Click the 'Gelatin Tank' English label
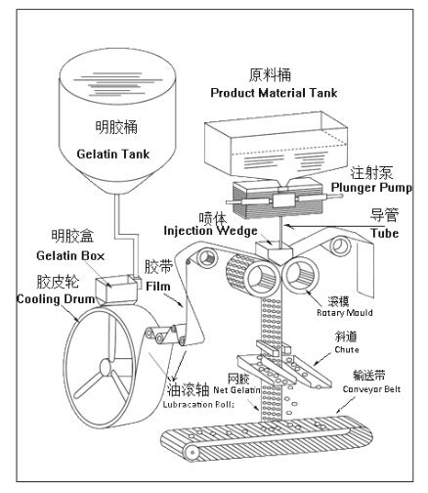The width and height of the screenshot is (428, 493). (x=113, y=154)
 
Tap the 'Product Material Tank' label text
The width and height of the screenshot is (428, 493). (x=274, y=93)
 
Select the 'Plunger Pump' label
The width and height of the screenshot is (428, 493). (x=371, y=188)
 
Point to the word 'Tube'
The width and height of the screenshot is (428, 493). (x=385, y=233)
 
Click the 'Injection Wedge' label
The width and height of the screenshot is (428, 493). (x=210, y=231)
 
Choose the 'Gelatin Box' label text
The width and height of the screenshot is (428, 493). (x=70, y=255)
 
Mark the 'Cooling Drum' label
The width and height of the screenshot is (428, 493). (x=56, y=299)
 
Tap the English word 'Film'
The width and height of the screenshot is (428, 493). (x=158, y=287)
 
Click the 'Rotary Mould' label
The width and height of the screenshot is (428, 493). (x=345, y=313)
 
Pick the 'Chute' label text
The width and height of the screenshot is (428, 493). (x=347, y=349)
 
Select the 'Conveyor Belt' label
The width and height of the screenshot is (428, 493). (x=371, y=389)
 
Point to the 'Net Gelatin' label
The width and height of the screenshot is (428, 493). (x=236, y=390)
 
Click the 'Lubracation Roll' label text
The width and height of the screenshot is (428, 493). (x=198, y=405)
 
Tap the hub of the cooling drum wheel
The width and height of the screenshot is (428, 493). (x=106, y=368)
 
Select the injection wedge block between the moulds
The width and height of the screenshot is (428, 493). (x=274, y=251)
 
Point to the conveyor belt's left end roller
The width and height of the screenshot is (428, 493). (x=193, y=452)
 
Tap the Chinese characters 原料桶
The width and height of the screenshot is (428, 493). (x=270, y=75)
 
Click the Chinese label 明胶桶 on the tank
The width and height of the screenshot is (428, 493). (x=116, y=127)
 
